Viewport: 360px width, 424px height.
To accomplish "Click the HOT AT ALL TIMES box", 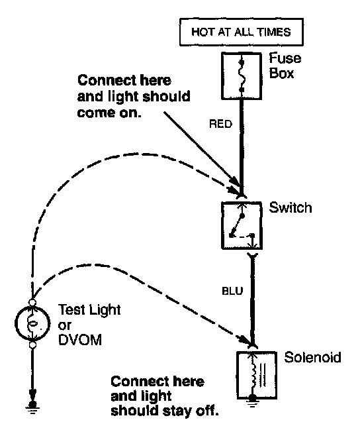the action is click(x=242, y=32).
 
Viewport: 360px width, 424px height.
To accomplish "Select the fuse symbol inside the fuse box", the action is click(x=242, y=76).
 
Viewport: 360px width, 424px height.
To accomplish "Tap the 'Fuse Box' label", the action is click(x=285, y=66).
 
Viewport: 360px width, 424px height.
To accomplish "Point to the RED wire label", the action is click(x=220, y=124).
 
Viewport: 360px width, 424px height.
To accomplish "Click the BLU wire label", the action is click(x=232, y=291).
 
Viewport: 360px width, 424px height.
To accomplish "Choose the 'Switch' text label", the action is click(x=291, y=207).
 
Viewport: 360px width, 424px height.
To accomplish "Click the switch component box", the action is click(x=242, y=225).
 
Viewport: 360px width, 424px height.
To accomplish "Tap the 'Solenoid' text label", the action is click(x=313, y=357).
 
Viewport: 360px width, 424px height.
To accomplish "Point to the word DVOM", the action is click(x=80, y=340).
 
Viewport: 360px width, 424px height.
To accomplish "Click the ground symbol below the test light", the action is click(x=32, y=407).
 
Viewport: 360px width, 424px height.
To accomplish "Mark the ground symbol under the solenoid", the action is click(x=252, y=401).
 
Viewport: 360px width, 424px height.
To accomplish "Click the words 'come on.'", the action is click(x=109, y=113).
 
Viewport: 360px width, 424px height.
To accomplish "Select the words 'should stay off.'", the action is click(x=165, y=411).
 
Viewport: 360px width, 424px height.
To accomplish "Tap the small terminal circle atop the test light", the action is click(x=32, y=302).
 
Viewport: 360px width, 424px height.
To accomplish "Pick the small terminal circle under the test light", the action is click(x=32, y=345).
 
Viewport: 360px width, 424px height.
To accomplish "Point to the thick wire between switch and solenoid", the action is click(x=253, y=300).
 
